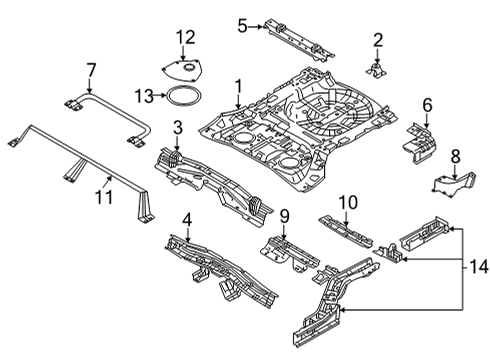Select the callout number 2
[378, 40]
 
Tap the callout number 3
[176, 127]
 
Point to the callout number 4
[186, 220]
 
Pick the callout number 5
[241, 25]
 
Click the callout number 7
[91, 71]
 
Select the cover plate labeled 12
[181, 66]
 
